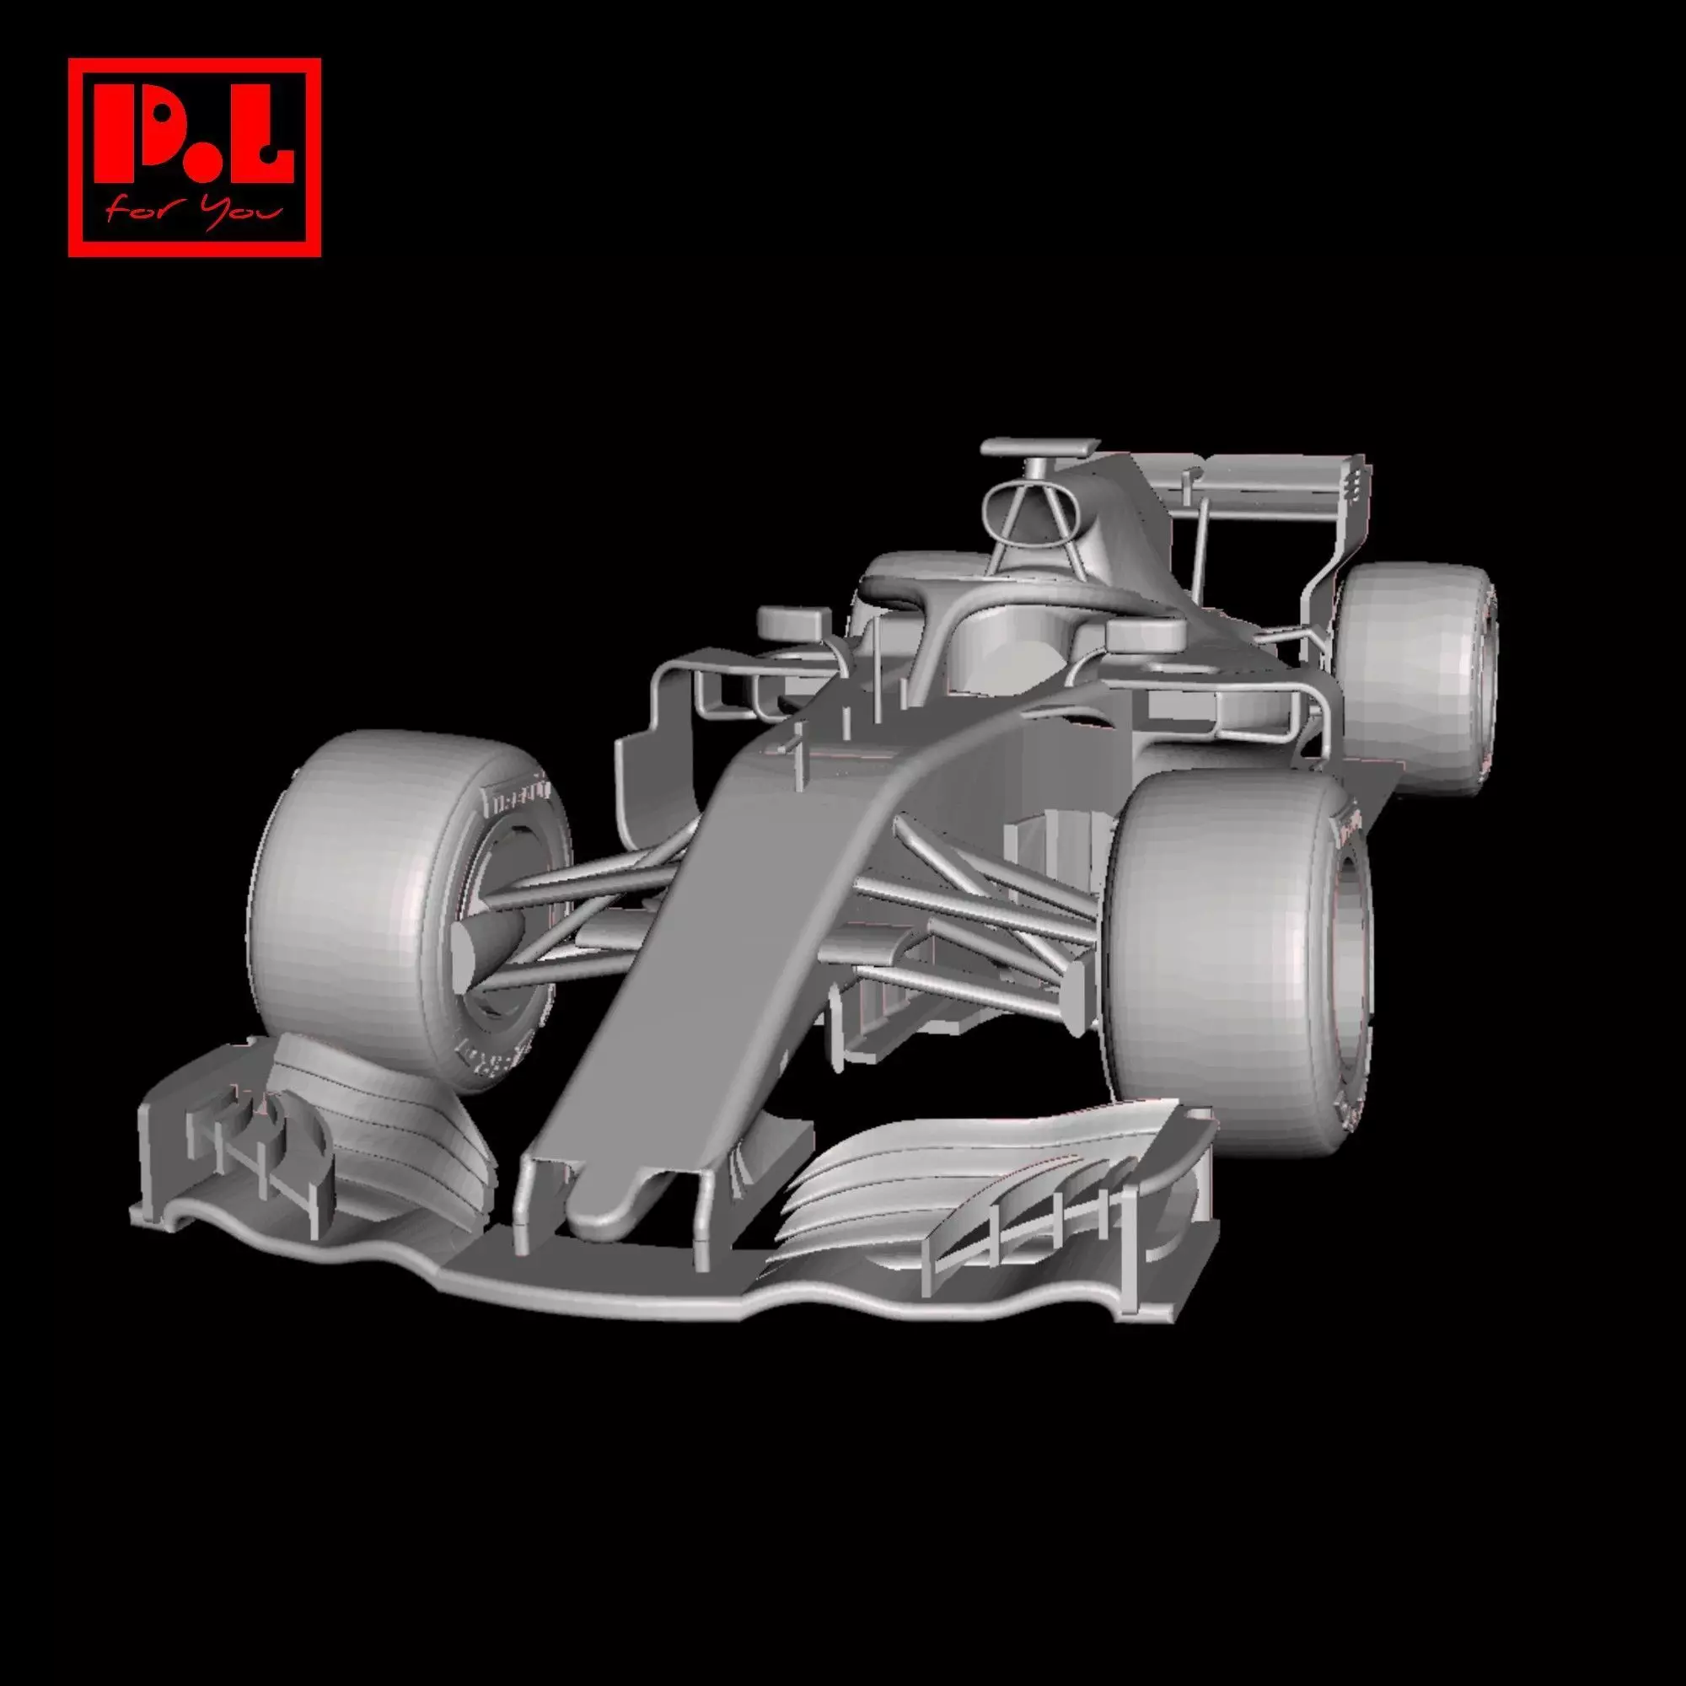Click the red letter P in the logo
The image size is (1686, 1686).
(x=140, y=131)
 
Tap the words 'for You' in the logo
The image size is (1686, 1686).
(x=194, y=212)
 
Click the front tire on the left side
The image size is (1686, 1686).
(x=349, y=899)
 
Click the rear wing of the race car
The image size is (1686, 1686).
(x=1274, y=489)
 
